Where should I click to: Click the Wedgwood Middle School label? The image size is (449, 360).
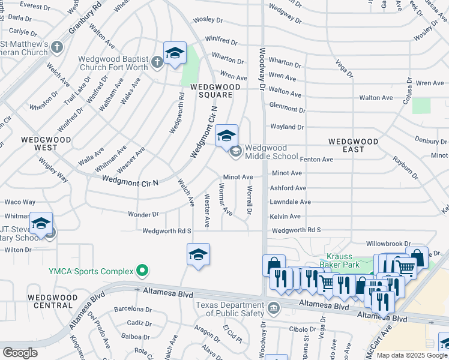(271, 152)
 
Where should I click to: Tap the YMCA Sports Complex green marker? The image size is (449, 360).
(142, 271)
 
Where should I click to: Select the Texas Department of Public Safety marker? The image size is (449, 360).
(274, 308)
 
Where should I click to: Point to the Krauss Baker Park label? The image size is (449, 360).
(348, 260)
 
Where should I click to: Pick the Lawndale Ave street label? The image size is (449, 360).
(290, 202)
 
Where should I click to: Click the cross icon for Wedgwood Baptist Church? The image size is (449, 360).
(157, 62)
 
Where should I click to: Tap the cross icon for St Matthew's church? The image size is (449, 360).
(57, 46)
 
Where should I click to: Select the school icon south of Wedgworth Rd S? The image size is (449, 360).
(198, 254)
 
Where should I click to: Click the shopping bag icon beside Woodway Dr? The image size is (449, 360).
(274, 265)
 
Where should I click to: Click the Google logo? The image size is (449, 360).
(20, 353)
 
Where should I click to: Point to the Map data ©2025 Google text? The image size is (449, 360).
(411, 355)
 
